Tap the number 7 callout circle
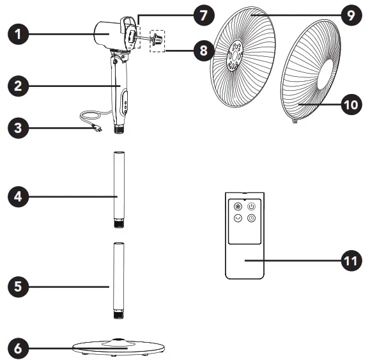pos(203,15)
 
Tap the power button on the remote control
pos(252,207)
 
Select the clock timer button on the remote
pos(252,218)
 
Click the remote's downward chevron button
pos(238,218)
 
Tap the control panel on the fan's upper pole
pos(125,101)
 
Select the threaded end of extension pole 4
pos(119,223)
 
